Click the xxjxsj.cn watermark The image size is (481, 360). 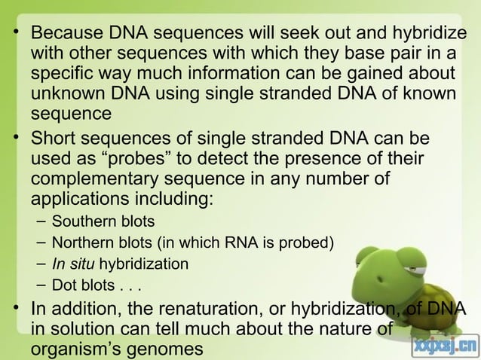(445, 347)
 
